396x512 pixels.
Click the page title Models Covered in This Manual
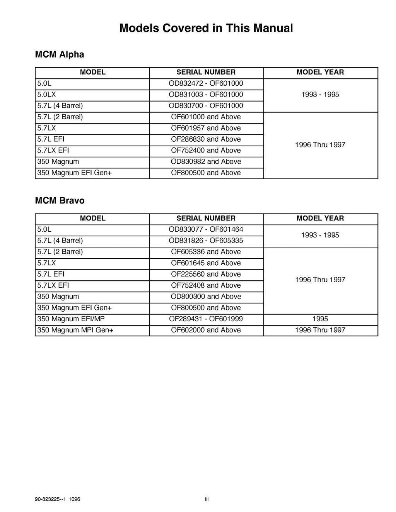click(x=206, y=28)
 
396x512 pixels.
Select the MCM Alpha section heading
click(x=60, y=54)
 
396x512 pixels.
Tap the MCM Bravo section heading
click(x=60, y=201)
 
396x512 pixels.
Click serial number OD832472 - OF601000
click(x=206, y=83)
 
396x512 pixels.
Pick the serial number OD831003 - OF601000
click(x=206, y=95)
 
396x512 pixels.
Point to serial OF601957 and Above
click(x=206, y=128)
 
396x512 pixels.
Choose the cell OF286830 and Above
click(x=206, y=139)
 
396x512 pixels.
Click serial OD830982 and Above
click(x=206, y=162)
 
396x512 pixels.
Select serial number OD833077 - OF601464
click(x=206, y=229)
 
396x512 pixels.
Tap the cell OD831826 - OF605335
click(x=206, y=241)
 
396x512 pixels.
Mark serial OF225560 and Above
click(x=206, y=275)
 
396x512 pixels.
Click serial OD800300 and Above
click(x=206, y=297)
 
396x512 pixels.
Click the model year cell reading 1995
click(x=320, y=319)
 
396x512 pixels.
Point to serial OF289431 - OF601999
click(x=206, y=319)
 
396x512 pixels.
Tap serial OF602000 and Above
click(x=206, y=330)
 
